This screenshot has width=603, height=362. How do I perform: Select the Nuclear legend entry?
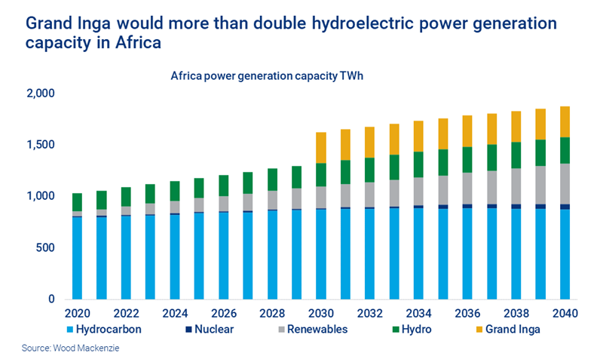[211, 329]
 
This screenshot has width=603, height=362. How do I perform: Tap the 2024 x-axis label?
[175, 312]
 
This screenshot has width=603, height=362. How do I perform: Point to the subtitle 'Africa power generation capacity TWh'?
[267, 76]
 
